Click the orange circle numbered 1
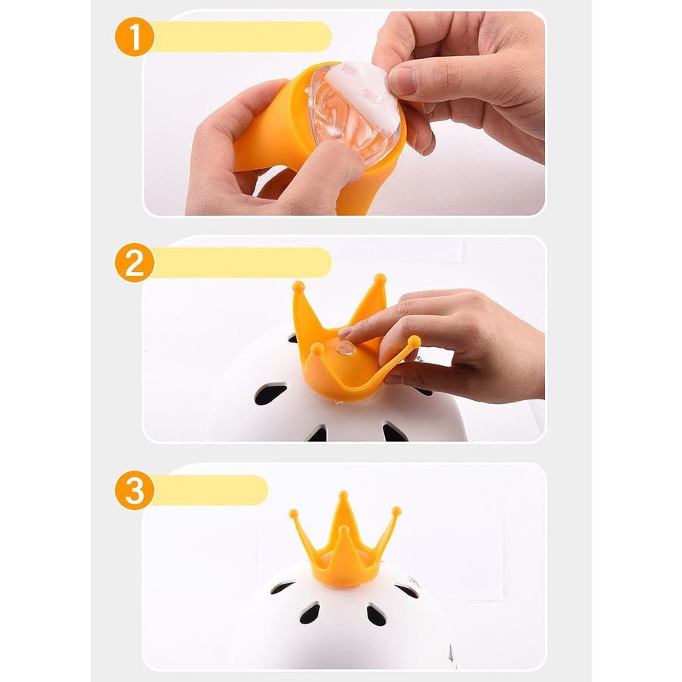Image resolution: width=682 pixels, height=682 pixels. click(x=134, y=36)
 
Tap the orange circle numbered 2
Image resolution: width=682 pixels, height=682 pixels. click(x=134, y=263)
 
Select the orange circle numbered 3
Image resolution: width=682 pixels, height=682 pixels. click(x=134, y=490)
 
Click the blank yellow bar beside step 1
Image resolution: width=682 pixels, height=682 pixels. click(x=242, y=36)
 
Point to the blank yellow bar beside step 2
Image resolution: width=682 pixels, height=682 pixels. click(x=242, y=263)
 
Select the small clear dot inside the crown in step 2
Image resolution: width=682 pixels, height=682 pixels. click(x=346, y=348)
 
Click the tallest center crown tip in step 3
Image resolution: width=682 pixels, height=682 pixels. click(x=343, y=495)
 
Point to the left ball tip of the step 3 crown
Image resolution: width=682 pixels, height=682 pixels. click(x=293, y=514)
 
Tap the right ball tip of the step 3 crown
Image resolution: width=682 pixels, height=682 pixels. click(x=396, y=511)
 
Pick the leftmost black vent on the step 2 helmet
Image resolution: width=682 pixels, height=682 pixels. click(x=270, y=393)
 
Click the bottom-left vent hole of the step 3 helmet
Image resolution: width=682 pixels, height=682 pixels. click(x=310, y=614)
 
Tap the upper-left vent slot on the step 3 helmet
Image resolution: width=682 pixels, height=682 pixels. click(x=283, y=587)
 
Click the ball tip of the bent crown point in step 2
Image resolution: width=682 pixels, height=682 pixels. click(x=414, y=342)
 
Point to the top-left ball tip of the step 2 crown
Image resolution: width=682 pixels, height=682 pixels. click(x=299, y=287)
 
